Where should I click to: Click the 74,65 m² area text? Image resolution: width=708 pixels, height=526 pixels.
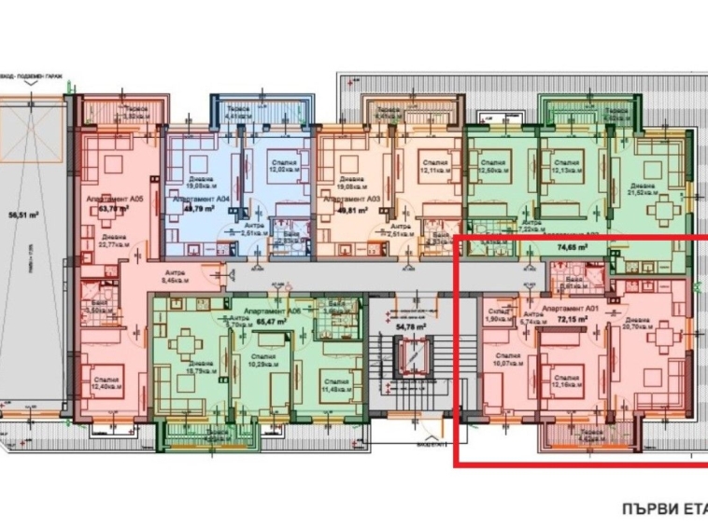(572, 248)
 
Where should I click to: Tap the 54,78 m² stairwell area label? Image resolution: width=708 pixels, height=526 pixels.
(411, 327)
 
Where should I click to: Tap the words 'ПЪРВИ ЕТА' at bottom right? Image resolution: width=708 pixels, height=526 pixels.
(663, 509)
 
